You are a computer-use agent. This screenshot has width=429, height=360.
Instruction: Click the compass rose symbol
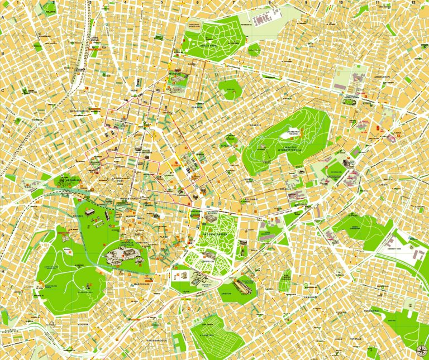pos(420,350)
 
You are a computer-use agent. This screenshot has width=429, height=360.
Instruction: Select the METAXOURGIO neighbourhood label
pos(79,111)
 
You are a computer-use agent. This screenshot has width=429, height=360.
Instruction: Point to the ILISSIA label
pos(383,184)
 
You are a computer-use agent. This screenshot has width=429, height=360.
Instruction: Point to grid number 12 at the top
pos(414,3)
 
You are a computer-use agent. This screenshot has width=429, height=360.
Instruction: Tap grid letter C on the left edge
pos(3,90)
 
